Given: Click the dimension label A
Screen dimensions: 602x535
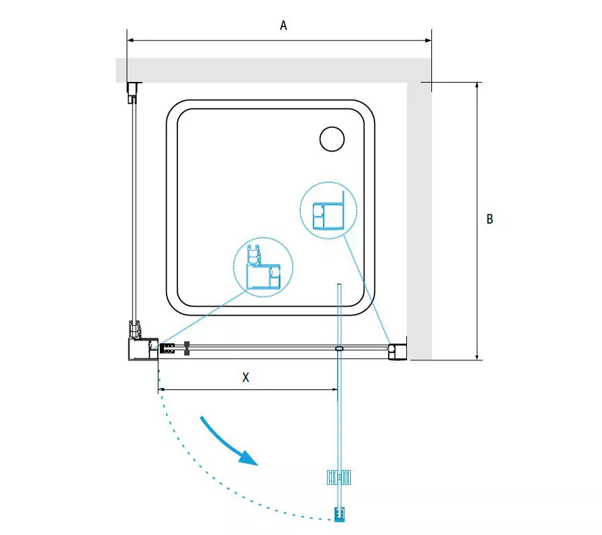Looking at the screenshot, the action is click(x=283, y=25).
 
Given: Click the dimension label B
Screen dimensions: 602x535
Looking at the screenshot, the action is click(x=490, y=219).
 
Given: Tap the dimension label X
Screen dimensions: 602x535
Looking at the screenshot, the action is click(x=246, y=377).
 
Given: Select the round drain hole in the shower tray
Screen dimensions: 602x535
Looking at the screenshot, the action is click(x=332, y=139).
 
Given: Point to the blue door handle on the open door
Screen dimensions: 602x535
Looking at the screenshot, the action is click(x=339, y=477).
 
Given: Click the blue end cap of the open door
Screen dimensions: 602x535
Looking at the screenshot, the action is click(x=339, y=514).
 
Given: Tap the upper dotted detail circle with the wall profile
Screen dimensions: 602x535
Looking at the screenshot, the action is click(x=328, y=211).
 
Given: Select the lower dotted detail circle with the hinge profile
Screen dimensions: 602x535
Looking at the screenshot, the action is click(x=263, y=267).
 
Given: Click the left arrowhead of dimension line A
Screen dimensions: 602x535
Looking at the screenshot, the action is click(x=131, y=40).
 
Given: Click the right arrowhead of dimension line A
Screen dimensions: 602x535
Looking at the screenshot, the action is click(x=428, y=40).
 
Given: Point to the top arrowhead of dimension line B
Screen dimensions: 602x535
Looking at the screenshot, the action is click(x=477, y=85).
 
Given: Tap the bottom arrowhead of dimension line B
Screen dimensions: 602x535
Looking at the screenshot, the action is click(x=477, y=356).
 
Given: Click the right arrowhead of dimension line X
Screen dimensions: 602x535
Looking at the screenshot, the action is click(x=334, y=389).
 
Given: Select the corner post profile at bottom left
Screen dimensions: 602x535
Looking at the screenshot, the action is click(x=143, y=349).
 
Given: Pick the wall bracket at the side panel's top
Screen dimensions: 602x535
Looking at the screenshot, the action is click(x=133, y=92).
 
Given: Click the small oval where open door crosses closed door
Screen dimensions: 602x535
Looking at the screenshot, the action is click(x=339, y=349).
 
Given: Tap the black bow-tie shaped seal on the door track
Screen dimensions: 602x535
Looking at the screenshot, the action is click(x=187, y=348).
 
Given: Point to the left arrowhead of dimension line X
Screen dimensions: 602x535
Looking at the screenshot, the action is click(x=162, y=389).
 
